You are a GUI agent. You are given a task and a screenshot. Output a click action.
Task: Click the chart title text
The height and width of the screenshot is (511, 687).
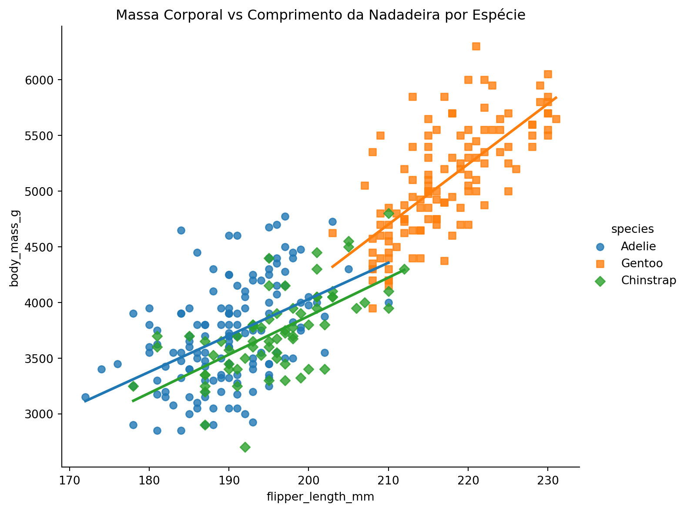pyautogui.click(x=320, y=15)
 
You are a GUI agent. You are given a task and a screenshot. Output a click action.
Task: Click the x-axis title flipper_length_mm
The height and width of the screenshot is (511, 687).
pyautogui.click(x=320, y=497)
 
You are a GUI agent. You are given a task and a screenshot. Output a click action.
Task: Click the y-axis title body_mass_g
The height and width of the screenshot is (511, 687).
pyautogui.click(x=14, y=247)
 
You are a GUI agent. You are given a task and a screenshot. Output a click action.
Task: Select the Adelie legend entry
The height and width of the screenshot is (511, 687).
pyautogui.click(x=638, y=246)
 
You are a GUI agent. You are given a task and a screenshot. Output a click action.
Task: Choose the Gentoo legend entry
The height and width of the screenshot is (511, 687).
pyautogui.click(x=641, y=263)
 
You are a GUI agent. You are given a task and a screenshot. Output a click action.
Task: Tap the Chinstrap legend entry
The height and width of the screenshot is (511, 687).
pyautogui.click(x=648, y=280)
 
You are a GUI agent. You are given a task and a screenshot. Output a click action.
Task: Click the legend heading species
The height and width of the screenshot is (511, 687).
pyautogui.click(x=632, y=229)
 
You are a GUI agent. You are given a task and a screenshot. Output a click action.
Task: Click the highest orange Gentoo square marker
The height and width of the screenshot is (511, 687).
pyautogui.click(x=476, y=46)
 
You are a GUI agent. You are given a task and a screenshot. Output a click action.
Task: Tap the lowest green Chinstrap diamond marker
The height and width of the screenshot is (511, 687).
pyautogui.click(x=245, y=447)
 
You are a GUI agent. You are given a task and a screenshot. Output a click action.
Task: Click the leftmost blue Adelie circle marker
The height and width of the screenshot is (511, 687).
pyautogui.click(x=85, y=397)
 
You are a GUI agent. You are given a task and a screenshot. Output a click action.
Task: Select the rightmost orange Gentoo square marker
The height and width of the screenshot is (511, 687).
pyautogui.click(x=556, y=119)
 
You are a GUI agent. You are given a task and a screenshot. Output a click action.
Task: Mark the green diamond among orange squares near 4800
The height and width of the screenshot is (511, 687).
pyautogui.click(x=389, y=213)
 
